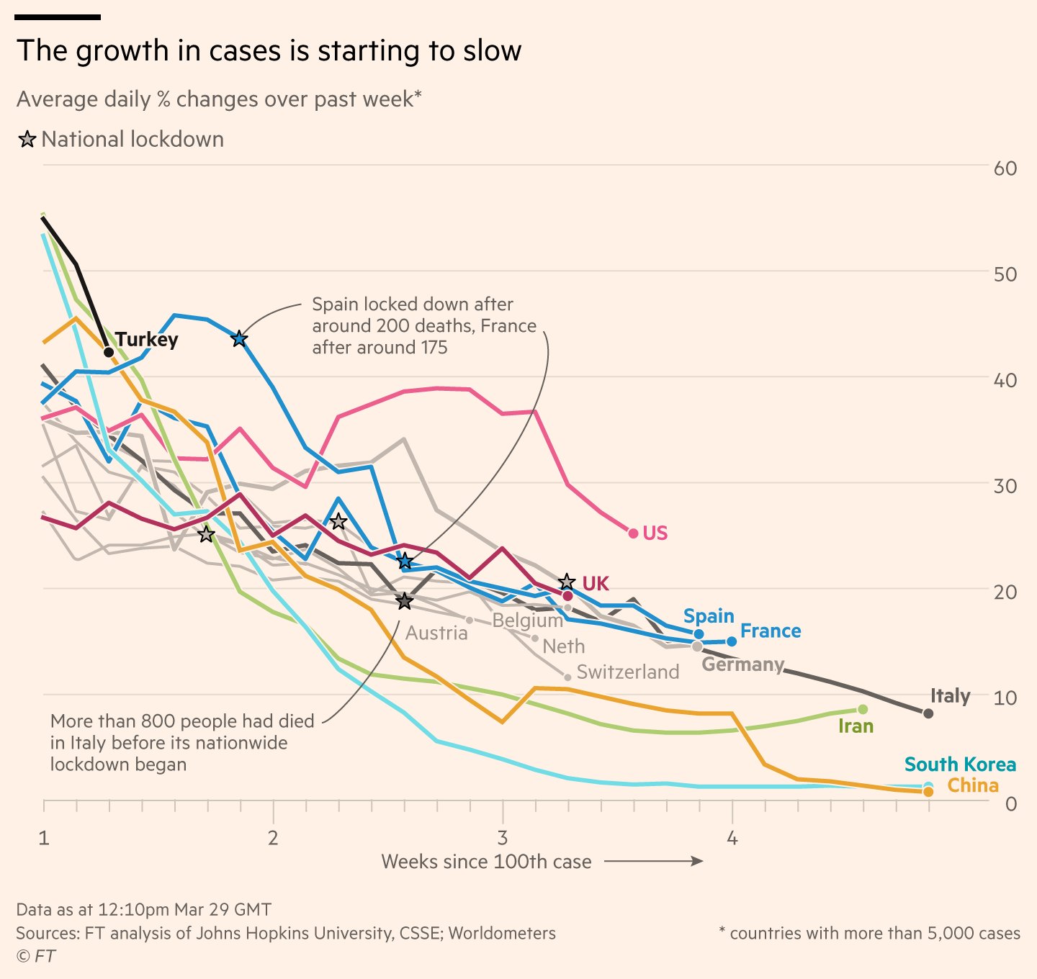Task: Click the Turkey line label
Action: click(x=146, y=339)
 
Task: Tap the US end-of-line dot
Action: click(x=633, y=533)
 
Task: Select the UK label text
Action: click(x=596, y=583)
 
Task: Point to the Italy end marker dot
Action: click(x=928, y=713)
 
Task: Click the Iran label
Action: click(x=856, y=726)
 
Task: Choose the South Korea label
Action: click(x=959, y=764)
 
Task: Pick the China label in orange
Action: click(x=972, y=785)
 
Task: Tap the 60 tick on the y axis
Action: click(x=1005, y=168)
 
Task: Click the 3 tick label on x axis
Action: click(x=502, y=838)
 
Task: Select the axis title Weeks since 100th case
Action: click(x=486, y=862)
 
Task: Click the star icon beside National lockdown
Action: click(x=27, y=140)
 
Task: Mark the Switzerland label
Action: click(x=627, y=672)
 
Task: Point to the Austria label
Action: click(x=436, y=633)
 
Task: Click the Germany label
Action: click(x=742, y=664)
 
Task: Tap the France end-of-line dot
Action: click(x=732, y=641)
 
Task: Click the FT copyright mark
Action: click(x=36, y=956)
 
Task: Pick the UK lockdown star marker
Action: click(x=567, y=582)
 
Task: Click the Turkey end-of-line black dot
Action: click(x=109, y=352)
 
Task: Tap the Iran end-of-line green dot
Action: click(x=863, y=710)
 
